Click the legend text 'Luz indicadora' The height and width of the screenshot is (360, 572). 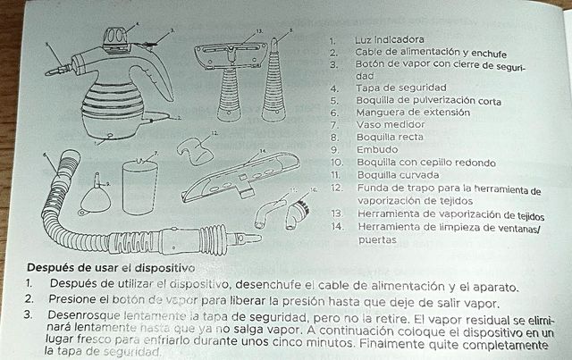388,40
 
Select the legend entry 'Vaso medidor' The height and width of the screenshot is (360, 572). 388,126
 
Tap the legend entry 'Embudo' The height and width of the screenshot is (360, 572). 375,151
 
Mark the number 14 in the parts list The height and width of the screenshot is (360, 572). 336,227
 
